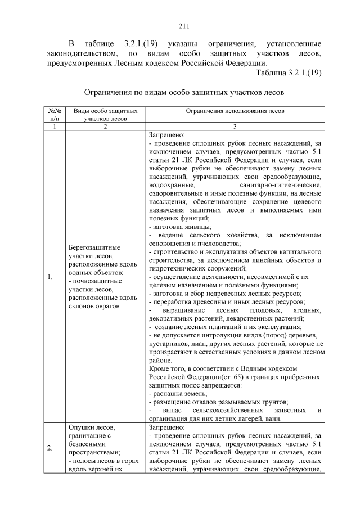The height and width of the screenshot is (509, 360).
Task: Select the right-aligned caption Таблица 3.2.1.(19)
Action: pos(288,73)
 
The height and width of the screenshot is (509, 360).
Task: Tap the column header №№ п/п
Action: pos(54,115)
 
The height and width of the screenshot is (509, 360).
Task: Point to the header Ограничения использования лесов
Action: pos(235,111)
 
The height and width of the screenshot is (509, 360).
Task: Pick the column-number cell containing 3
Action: pos(235,127)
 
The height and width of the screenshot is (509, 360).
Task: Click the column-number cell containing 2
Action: pos(105,127)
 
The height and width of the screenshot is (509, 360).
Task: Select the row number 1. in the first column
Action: pos(50,276)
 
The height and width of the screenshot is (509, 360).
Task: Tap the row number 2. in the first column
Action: pos(50,448)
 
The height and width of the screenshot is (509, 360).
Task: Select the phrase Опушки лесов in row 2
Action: pos(89,428)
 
